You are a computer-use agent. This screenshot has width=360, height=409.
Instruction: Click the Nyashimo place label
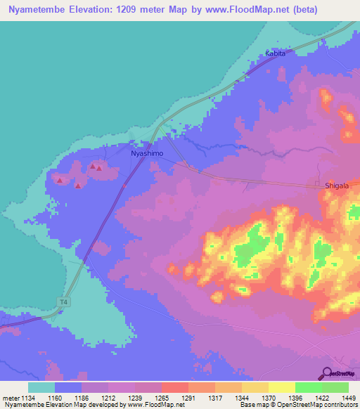(x=147, y=152)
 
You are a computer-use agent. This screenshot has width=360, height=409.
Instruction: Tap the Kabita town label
(x=276, y=53)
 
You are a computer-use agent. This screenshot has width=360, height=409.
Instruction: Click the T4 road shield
(x=65, y=301)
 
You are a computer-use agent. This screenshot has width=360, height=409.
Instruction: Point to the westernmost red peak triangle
(x=60, y=181)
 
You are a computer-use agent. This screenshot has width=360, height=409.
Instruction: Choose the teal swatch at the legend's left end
(x=41, y=387)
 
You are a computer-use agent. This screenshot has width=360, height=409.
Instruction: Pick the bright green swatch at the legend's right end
(x=335, y=387)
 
